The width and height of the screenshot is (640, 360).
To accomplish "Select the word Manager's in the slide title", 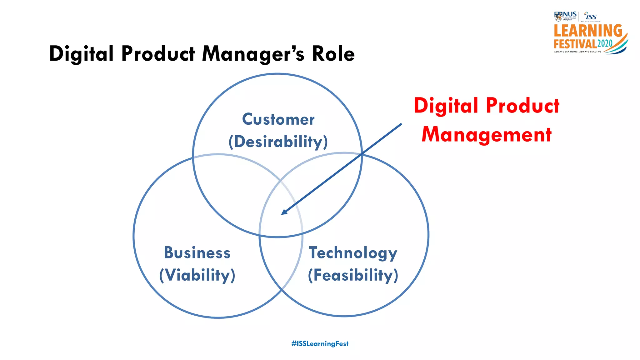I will [253, 54].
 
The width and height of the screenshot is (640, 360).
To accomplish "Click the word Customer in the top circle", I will [278, 119].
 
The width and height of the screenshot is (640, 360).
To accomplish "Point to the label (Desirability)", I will [278, 142].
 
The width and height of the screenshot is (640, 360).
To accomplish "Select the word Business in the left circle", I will [197, 252].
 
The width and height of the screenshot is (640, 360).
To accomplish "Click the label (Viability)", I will [197, 275].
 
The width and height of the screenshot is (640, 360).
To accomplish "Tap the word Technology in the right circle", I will [353, 252].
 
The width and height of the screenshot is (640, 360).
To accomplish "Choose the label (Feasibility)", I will [353, 275].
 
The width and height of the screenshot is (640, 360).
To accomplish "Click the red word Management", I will [487, 135].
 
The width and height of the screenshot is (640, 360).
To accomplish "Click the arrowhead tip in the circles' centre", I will [282, 214].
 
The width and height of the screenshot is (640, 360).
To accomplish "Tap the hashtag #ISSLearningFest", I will [320, 344].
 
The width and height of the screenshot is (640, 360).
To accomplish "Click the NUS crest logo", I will [558, 16].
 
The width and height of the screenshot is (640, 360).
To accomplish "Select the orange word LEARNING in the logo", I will [588, 31].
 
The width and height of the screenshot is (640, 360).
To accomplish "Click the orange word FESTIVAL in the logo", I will [575, 44].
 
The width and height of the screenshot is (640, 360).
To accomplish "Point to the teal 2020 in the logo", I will [605, 43].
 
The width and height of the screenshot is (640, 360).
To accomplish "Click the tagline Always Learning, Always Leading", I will [577, 52].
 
